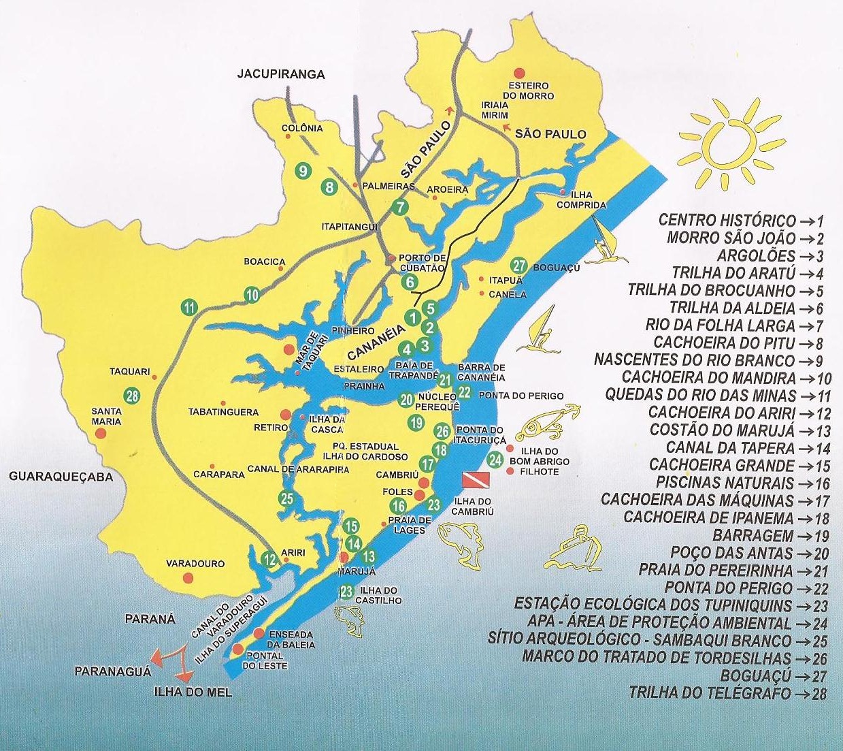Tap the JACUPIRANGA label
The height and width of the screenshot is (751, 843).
(x=281, y=74)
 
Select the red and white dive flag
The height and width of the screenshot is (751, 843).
(x=474, y=479)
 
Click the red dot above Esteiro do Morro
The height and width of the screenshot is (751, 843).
(x=519, y=72)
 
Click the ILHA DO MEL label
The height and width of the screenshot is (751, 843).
(x=193, y=692)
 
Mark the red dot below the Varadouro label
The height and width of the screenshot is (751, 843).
(x=188, y=577)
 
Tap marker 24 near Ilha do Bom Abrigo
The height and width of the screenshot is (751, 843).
(x=496, y=460)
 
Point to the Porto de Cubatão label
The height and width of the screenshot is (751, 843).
(x=421, y=262)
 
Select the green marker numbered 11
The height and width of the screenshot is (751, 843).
(x=190, y=307)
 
